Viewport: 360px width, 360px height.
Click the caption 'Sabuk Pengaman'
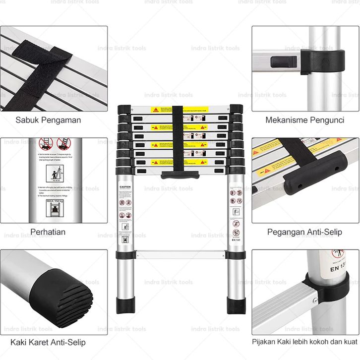tap(48, 120)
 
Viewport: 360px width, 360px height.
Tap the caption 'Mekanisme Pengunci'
tap(305, 120)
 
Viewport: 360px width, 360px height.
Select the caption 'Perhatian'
tap(48, 232)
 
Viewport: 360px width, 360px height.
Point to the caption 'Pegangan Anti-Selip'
tap(305, 232)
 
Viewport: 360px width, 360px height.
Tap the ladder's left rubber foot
tap(123, 305)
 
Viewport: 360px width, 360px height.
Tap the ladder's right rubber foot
tap(236, 305)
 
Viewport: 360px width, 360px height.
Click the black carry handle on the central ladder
tap(180, 175)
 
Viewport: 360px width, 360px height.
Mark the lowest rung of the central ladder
tap(180, 255)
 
